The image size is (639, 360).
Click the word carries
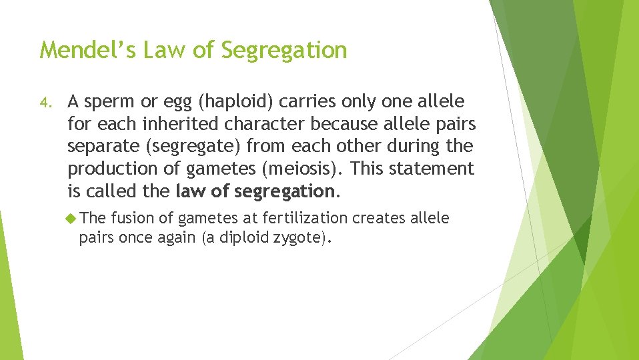[x=307, y=102]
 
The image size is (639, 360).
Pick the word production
[x=111, y=169]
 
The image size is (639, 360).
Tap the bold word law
[x=191, y=191]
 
